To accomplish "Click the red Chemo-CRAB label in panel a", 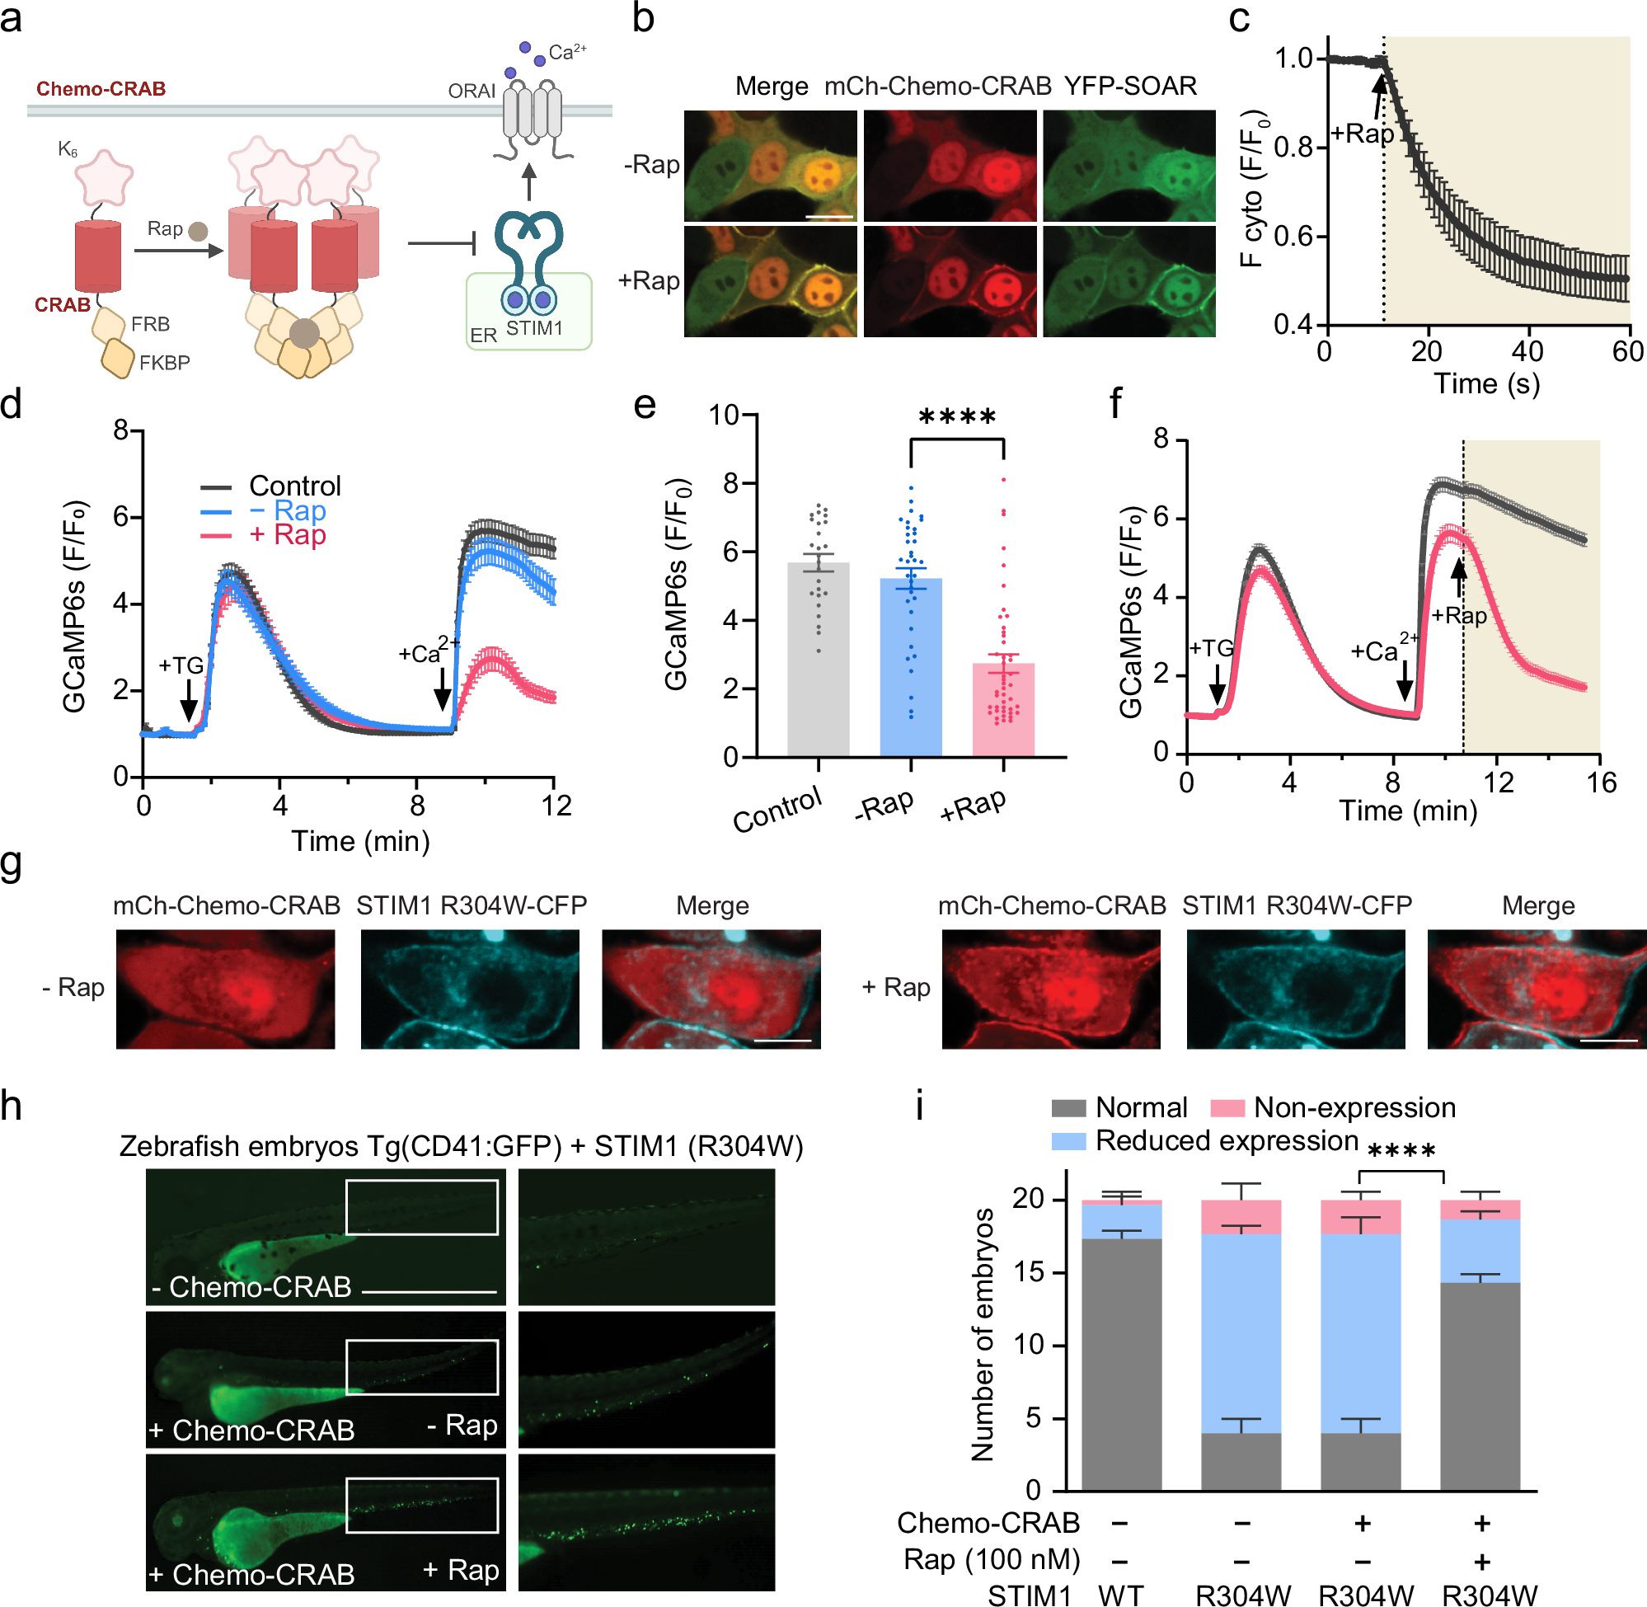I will pos(101,88).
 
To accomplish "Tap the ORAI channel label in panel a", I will pos(471,91).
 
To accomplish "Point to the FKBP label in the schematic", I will pos(165,363).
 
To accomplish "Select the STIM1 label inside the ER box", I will pos(534,327).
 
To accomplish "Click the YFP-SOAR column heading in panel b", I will pos(1130,86).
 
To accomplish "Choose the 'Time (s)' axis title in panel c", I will pos(1487,384).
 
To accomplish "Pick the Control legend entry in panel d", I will pos(294,486).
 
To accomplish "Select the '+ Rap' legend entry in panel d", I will pos(287,535).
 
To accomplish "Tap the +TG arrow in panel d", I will pos(188,699).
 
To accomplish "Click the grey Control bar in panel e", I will pos(818,658).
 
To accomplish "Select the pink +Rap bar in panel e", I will pos(1003,709).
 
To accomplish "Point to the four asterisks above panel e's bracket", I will pos(957,417).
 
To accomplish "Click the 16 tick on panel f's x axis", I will pos(1601,783).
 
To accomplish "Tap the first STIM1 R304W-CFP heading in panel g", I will pos(471,905).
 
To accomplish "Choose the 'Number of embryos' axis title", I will pos(982,1333).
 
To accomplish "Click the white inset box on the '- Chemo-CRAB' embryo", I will pos(421,1207).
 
